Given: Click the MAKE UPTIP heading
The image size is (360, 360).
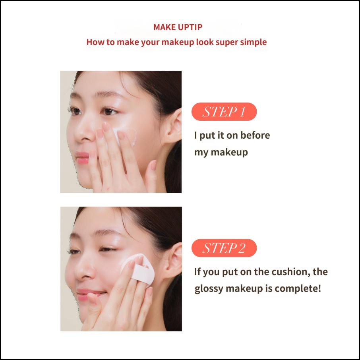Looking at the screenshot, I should (178, 27).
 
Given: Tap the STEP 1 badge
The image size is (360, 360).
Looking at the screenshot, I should (224, 112).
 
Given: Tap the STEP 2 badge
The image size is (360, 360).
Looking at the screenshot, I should (224, 248).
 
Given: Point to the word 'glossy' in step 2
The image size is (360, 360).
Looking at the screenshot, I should (209, 288).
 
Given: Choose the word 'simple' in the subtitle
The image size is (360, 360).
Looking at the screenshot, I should (253, 42).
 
